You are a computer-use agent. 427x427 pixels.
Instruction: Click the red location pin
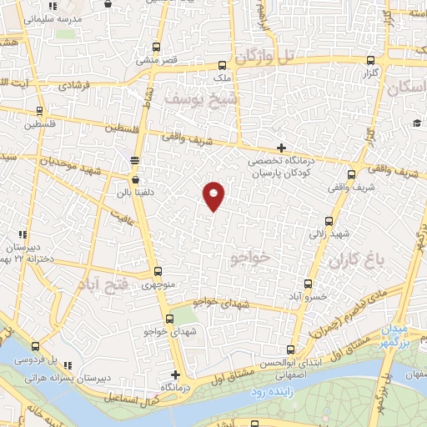click(214, 194)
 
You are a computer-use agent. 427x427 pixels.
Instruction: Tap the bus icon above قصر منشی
click(157, 47)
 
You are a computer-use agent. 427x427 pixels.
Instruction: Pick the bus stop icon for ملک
click(222, 65)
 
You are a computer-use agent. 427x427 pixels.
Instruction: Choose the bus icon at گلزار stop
click(371, 60)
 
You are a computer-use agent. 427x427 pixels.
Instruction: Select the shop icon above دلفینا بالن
click(135, 178)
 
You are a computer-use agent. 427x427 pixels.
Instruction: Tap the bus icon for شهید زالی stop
click(329, 222)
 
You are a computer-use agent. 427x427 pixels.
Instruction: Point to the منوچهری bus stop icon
click(158, 272)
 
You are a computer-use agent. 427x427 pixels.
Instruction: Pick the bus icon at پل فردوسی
click(34, 346)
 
